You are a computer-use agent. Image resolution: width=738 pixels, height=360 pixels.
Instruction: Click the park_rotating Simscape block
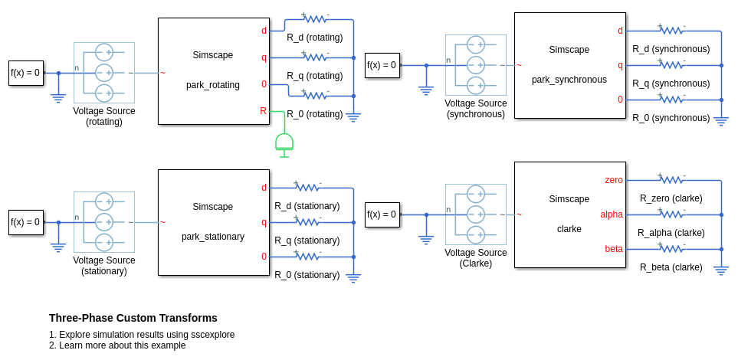(213, 70)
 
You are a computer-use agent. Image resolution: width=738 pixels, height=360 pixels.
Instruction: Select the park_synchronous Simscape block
(569, 65)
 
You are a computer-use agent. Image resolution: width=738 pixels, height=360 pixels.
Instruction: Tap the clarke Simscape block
(569, 214)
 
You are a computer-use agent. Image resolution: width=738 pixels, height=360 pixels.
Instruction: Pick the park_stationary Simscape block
(213, 222)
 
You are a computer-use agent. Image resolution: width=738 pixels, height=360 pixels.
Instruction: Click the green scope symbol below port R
(284, 142)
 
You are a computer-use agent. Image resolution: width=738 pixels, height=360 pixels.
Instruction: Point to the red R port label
(263, 111)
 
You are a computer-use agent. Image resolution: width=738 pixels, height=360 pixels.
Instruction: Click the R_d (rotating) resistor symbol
(315, 19)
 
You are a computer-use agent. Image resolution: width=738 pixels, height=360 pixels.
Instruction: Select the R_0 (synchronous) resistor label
(671, 118)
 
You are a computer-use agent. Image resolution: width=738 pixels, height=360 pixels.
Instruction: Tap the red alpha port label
(611, 214)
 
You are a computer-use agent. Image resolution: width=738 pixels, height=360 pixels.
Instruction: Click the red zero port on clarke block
(613, 180)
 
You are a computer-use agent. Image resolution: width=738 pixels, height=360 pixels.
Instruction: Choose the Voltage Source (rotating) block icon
(104, 73)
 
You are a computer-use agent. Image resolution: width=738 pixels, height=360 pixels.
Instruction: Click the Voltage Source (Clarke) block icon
(475, 214)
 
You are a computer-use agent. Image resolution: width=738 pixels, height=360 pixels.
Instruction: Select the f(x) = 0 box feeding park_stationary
(25, 222)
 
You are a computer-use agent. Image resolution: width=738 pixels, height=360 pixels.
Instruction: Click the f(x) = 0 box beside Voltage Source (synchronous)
(382, 65)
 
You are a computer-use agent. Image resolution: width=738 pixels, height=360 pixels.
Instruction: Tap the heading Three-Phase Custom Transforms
(133, 318)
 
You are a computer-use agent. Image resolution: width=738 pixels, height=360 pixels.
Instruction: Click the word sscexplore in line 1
(210, 335)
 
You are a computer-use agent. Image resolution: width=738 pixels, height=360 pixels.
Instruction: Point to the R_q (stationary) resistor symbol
(307, 222)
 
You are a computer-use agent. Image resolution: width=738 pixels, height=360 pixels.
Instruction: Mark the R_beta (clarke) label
(671, 267)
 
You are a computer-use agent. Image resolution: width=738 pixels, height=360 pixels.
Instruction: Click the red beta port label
(614, 249)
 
